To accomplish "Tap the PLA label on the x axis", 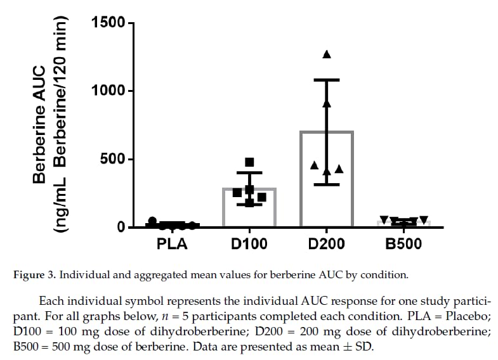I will tap(172, 243).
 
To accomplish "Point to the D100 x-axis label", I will tap(249, 243).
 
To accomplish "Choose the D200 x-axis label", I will tap(326, 243).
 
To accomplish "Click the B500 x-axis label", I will tap(403, 243).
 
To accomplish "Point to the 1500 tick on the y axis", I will tap(108, 23).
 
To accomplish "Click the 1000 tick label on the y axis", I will tap(108, 91).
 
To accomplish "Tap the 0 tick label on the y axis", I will tap(122, 228).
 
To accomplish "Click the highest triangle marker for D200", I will tap(327, 55).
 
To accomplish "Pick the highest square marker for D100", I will tap(249, 162).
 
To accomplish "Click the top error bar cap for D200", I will tap(326, 80).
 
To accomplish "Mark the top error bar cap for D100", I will tap(249, 172).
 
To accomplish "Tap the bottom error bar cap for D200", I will tap(326, 184).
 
